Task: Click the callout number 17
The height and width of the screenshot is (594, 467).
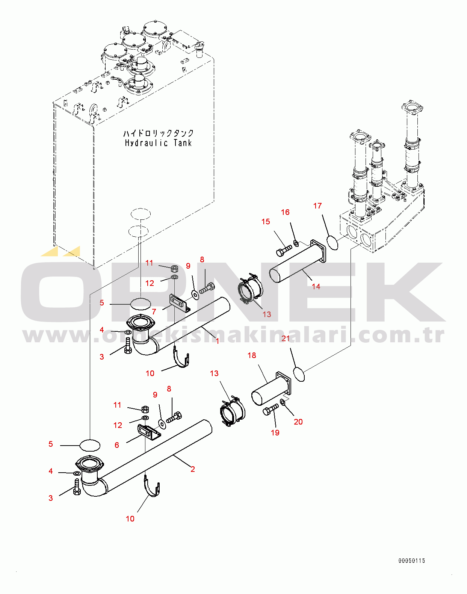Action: click(317, 206)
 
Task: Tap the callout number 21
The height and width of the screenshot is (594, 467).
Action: click(286, 339)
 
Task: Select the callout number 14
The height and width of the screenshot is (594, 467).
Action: click(316, 287)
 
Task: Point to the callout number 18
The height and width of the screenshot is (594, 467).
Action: click(252, 355)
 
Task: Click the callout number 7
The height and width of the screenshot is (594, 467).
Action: click(154, 312)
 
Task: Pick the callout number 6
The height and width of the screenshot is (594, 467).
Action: click(117, 445)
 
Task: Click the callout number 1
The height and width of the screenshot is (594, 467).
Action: click(218, 341)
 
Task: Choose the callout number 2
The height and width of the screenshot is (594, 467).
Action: click(193, 469)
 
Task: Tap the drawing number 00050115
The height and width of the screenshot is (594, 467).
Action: click(412, 561)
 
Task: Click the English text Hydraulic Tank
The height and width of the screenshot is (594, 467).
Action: click(158, 143)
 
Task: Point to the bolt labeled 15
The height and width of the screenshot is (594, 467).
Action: click(284, 251)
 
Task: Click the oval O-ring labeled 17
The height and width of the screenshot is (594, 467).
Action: click(332, 242)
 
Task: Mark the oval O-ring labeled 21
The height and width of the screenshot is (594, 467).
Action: click(299, 375)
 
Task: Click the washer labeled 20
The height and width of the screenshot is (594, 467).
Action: click(283, 403)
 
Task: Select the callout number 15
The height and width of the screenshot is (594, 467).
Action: click(266, 222)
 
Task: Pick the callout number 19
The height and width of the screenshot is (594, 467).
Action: click(275, 433)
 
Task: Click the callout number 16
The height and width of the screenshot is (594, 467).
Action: click(285, 212)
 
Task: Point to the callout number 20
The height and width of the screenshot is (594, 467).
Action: click(298, 422)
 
